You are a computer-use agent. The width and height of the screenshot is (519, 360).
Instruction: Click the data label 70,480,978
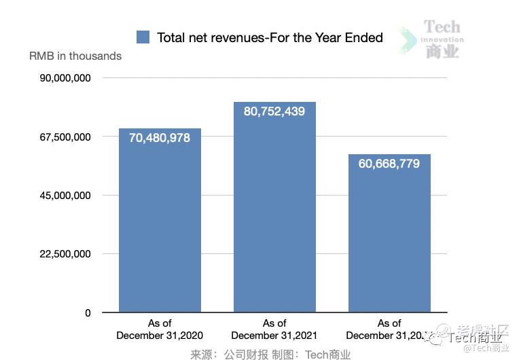click(x=160, y=138)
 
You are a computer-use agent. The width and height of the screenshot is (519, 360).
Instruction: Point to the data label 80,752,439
click(x=274, y=111)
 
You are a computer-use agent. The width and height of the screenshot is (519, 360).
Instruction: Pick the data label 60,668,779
click(x=389, y=164)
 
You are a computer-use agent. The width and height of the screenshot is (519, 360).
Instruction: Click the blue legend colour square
click(x=143, y=37)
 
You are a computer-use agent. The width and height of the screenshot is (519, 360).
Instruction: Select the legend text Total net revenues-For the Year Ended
click(x=270, y=37)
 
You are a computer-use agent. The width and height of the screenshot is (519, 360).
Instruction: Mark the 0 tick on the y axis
click(x=88, y=313)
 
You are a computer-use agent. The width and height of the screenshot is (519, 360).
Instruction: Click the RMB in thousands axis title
click(x=75, y=56)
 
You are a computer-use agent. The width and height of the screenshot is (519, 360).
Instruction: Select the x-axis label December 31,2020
click(x=160, y=336)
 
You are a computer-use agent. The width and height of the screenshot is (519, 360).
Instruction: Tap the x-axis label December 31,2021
click(x=274, y=336)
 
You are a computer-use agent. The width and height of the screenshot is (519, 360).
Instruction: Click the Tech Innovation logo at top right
click(x=442, y=39)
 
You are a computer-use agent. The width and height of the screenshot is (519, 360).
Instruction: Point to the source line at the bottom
click(x=270, y=354)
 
